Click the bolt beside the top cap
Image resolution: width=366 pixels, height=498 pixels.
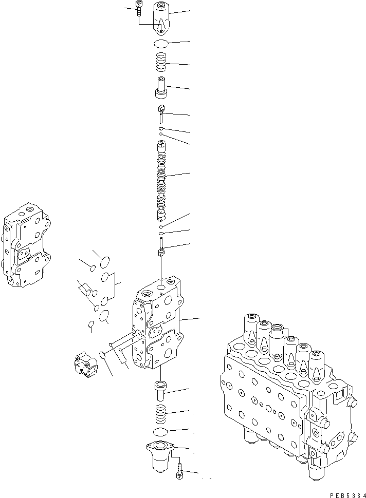140,9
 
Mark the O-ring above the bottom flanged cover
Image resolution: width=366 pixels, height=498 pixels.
161,431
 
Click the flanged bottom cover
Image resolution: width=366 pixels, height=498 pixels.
161,454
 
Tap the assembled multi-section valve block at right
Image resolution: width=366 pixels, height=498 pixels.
288,395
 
